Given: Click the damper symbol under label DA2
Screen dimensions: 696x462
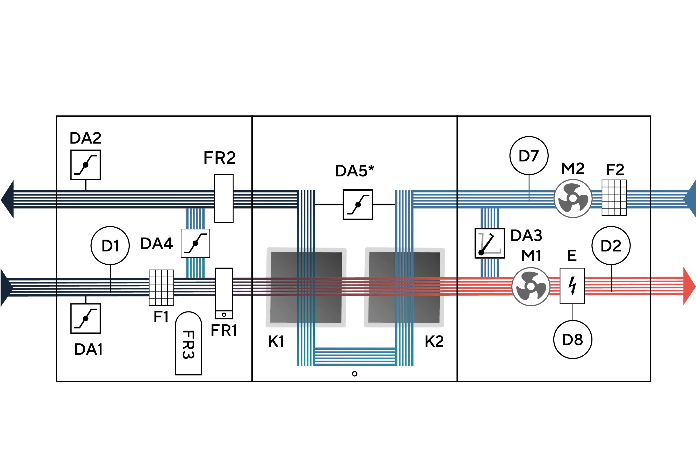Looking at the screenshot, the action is tap(85, 165).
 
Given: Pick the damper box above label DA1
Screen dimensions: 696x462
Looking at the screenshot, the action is tap(85, 318).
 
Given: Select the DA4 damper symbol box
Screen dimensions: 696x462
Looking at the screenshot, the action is tap(195, 243).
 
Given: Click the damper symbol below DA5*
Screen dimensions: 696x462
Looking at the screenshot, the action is tap(358, 204).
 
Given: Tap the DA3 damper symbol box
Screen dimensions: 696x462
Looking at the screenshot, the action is tap(490, 243).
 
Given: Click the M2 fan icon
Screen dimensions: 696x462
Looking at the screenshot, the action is tap(573, 199).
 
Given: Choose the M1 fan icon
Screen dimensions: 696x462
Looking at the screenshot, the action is tap(531, 286).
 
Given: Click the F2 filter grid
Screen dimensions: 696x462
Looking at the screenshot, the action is tap(614, 198).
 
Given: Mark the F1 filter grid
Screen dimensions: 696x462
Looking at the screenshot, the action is tap(161, 288).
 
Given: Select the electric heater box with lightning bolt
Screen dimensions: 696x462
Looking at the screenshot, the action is tap(572, 286).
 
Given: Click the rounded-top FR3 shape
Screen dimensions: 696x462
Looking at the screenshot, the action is tap(189, 343).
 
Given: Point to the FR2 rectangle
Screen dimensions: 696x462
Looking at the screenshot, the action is tap(223, 199).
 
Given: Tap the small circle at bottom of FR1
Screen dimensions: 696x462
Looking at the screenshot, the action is tap(224, 315).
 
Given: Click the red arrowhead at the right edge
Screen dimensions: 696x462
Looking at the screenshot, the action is tap(690, 286).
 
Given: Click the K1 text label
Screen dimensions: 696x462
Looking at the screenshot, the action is tap(276, 341).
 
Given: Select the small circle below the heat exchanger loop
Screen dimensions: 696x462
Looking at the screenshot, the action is tap(355, 374).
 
